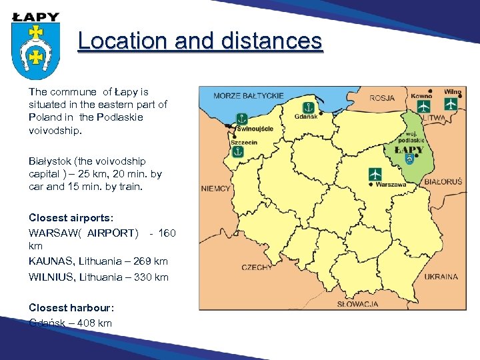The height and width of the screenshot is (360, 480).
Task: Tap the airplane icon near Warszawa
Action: tap(375, 174)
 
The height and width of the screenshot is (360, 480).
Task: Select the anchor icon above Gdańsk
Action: tap(309, 107)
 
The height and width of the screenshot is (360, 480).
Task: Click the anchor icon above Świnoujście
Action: tap(241, 119)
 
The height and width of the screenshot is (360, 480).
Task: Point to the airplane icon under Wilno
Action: tap(451, 104)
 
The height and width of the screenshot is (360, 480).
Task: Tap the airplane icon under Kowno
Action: tap(424, 105)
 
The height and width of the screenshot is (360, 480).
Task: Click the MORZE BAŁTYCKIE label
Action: tap(248, 95)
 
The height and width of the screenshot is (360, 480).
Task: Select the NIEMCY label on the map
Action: tap(215, 189)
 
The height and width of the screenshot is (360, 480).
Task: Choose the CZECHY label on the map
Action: tap(256, 267)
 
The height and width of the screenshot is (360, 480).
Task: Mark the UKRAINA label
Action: tap(441, 277)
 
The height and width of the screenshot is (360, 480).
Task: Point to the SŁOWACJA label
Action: tap(357, 304)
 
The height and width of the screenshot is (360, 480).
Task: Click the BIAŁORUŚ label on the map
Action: tap(443, 181)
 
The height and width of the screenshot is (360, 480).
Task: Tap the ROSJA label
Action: tap(382, 98)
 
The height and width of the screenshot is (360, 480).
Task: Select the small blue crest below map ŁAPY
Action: tap(409, 160)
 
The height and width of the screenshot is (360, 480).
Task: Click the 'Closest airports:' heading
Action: tap(71, 217)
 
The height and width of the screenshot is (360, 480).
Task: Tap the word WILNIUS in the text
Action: tap(51, 277)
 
